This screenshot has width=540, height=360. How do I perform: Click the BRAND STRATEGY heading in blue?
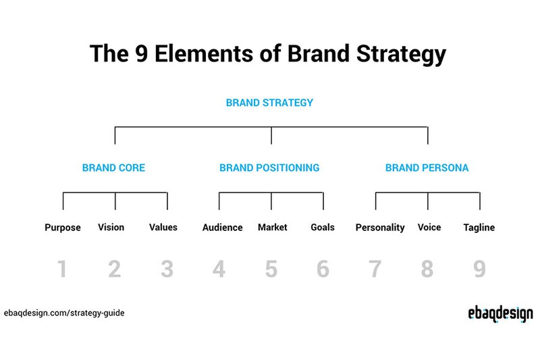(x=269, y=103)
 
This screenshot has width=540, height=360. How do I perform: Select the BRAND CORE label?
(x=113, y=168)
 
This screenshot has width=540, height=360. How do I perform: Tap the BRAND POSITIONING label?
(x=269, y=168)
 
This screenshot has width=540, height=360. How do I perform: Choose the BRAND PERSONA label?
(x=427, y=168)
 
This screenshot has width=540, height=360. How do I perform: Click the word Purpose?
(x=63, y=228)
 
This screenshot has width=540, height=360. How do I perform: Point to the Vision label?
(x=111, y=227)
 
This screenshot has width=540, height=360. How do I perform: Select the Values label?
(x=163, y=227)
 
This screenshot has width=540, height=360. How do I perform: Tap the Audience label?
(x=222, y=228)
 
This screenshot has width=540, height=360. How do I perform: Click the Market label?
(x=273, y=227)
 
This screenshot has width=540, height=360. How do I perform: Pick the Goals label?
(x=323, y=227)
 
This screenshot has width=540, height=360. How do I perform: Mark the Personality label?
(x=380, y=228)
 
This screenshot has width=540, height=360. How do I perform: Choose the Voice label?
(x=429, y=227)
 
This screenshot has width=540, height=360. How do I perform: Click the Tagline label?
(x=479, y=228)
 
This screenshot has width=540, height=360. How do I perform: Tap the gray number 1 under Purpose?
(x=62, y=269)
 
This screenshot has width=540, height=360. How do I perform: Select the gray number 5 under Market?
(x=271, y=269)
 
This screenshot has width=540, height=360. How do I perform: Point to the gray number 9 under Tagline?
(x=479, y=269)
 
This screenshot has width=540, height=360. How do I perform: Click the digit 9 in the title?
(x=148, y=54)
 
